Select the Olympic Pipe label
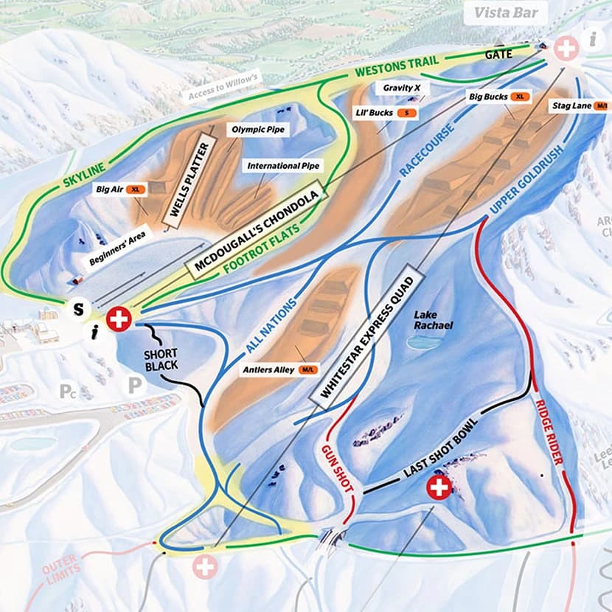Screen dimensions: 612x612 click(x=257, y=129)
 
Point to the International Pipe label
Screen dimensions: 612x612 click(x=283, y=166)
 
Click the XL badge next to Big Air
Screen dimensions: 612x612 click(x=136, y=189)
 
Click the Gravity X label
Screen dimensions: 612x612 click(x=401, y=88)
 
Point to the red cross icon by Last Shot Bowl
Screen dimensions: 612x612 click(x=439, y=487)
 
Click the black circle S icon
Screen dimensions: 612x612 click(x=77, y=309)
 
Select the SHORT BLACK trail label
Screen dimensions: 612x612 click(x=160, y=359)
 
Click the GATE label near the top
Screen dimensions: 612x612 click(x=498, y=55)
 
